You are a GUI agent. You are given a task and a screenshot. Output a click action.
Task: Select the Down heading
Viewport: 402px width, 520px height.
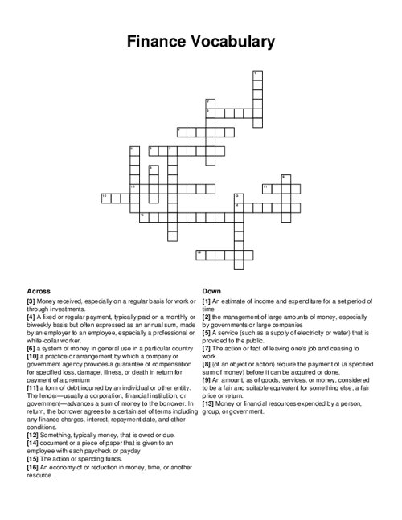pyautogui.click(x=211, y=290)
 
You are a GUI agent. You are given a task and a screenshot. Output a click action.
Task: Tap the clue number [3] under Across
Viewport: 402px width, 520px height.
pyautogui.click(x=31, y=301)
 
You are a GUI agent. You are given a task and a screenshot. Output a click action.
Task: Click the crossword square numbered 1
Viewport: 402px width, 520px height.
pyautogui.click(x=256, y=75)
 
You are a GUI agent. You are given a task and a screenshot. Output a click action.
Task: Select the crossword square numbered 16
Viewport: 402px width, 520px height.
pyautogui.click(x=199, y=253)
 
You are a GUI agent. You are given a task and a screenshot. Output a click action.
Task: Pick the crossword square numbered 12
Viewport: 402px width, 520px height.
pyautogui.click(x=105, y=196)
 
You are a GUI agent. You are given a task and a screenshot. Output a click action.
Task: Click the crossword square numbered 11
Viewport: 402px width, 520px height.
pyautogui.click(x=266, y=187)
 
